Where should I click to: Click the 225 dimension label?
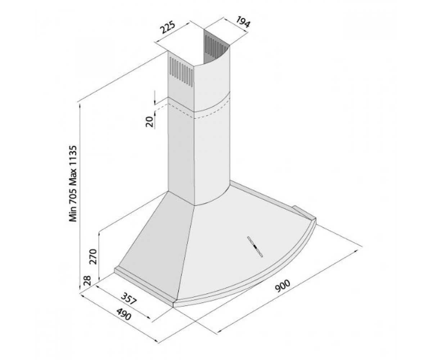168,27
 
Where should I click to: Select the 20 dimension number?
149,121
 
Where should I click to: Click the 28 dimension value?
87,280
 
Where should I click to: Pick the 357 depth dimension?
129,298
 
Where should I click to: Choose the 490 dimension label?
124,314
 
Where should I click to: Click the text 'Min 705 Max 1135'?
73,184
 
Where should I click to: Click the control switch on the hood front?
255,247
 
